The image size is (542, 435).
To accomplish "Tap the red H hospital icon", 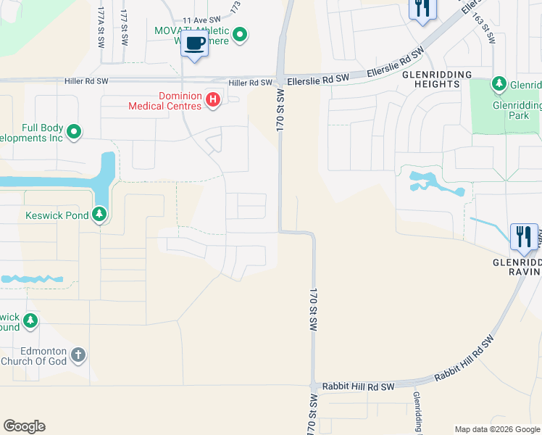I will coord(213,99).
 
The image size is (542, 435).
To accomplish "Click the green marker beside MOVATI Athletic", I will coord(242,33).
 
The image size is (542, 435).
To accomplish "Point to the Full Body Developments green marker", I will coord(74,132).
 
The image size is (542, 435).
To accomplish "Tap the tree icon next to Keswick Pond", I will coord(99,215).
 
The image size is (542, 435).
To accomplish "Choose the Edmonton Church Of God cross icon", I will coord(78,356).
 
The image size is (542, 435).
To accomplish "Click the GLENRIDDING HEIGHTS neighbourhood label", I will coord(427,79).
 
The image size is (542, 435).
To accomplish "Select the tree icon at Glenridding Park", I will coord(499,85).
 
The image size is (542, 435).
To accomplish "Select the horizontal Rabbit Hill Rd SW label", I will coord(358,386).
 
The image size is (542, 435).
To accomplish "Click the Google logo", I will coord(24,426).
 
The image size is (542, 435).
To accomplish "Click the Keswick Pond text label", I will coord(57,215).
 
